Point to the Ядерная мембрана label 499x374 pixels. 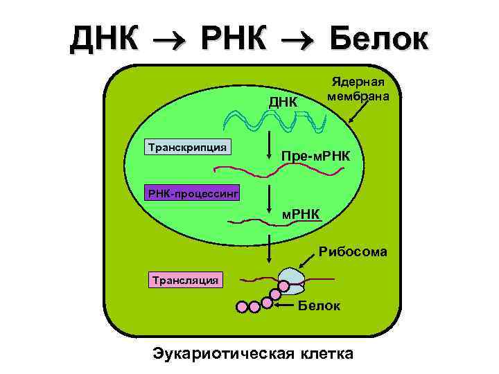coord(358,88)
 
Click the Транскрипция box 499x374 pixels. coord(187,147)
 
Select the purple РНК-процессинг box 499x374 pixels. coord(193,193)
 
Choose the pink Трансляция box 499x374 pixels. coord(186,279)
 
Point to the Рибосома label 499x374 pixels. coord(353,251)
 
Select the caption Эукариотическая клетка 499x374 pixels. coord(252,353)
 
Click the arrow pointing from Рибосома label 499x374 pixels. coord(306,261)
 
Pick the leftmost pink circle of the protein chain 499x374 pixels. coord(242,306)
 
